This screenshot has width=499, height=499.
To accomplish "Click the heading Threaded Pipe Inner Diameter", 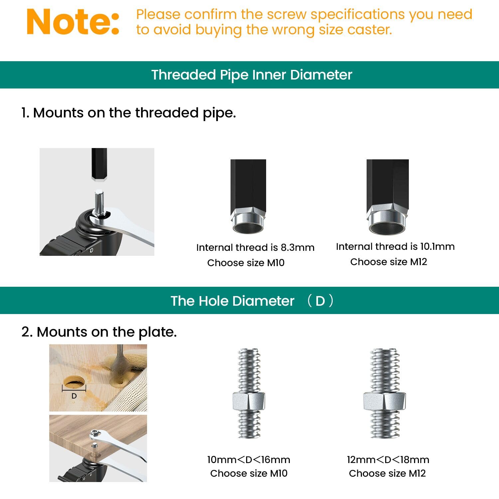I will coord(251,75).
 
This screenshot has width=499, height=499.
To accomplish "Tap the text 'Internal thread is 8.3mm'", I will coord(255,248).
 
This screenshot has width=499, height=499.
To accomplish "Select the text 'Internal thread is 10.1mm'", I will coord(395,247).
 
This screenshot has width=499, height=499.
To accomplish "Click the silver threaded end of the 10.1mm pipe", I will coord(387,223).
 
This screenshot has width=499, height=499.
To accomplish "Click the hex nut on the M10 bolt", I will coord(249,401).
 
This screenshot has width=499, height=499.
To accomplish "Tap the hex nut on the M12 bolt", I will coord(384,401).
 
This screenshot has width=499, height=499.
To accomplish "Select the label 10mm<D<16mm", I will coord(249,460).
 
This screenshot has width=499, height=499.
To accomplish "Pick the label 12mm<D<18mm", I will coord(388,460).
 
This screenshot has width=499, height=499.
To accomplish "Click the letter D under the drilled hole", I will coord(74,396).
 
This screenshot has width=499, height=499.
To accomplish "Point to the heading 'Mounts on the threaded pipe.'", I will coord(128,113).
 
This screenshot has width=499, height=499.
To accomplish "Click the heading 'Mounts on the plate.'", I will coord(99,332).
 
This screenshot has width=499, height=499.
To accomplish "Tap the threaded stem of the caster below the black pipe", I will coord(99,202).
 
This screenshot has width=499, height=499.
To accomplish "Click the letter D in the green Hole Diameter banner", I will coord(320,301).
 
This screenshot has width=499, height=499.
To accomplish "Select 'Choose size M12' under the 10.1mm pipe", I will coord(388,262).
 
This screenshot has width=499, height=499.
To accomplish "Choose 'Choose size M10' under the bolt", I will coord(249,473).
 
